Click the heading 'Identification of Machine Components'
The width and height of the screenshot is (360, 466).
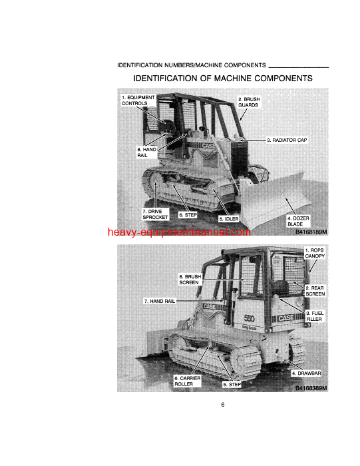pos(223,79)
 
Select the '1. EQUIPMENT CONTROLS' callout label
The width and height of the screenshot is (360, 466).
pos(138,101)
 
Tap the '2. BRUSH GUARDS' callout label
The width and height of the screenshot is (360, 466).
pos(249,102)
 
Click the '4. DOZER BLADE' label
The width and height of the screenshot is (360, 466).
pos(297,221)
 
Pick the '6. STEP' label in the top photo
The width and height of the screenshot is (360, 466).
pos(188,215)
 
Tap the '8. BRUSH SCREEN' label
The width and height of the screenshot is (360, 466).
pos(189,279)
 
